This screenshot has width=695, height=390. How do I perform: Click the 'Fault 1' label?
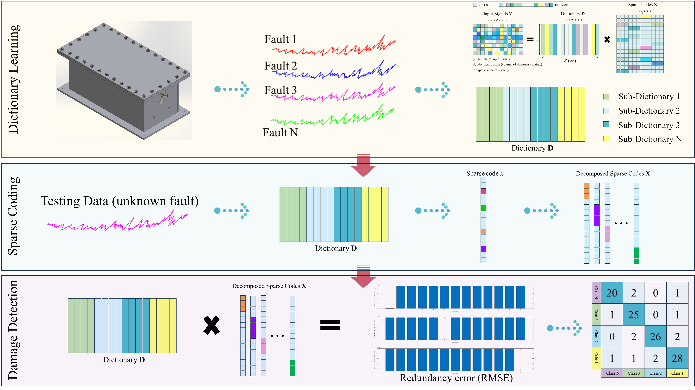click(x=280, y=39)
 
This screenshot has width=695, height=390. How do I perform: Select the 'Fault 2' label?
click(x=280, y=66)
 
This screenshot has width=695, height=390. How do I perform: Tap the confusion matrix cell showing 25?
click(x=634, y=315)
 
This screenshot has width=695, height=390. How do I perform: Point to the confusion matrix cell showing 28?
click(x=677, y=358)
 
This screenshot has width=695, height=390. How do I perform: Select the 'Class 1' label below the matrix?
click(x=677, y=373)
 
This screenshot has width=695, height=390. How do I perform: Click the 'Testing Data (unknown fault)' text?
click(x=119, y=201)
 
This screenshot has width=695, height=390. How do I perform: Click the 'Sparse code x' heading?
click(x=485, y=173)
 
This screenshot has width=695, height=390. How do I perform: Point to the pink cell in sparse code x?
click(x=483, y=191)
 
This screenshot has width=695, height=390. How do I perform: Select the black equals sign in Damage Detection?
click(x=330, y=325)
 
